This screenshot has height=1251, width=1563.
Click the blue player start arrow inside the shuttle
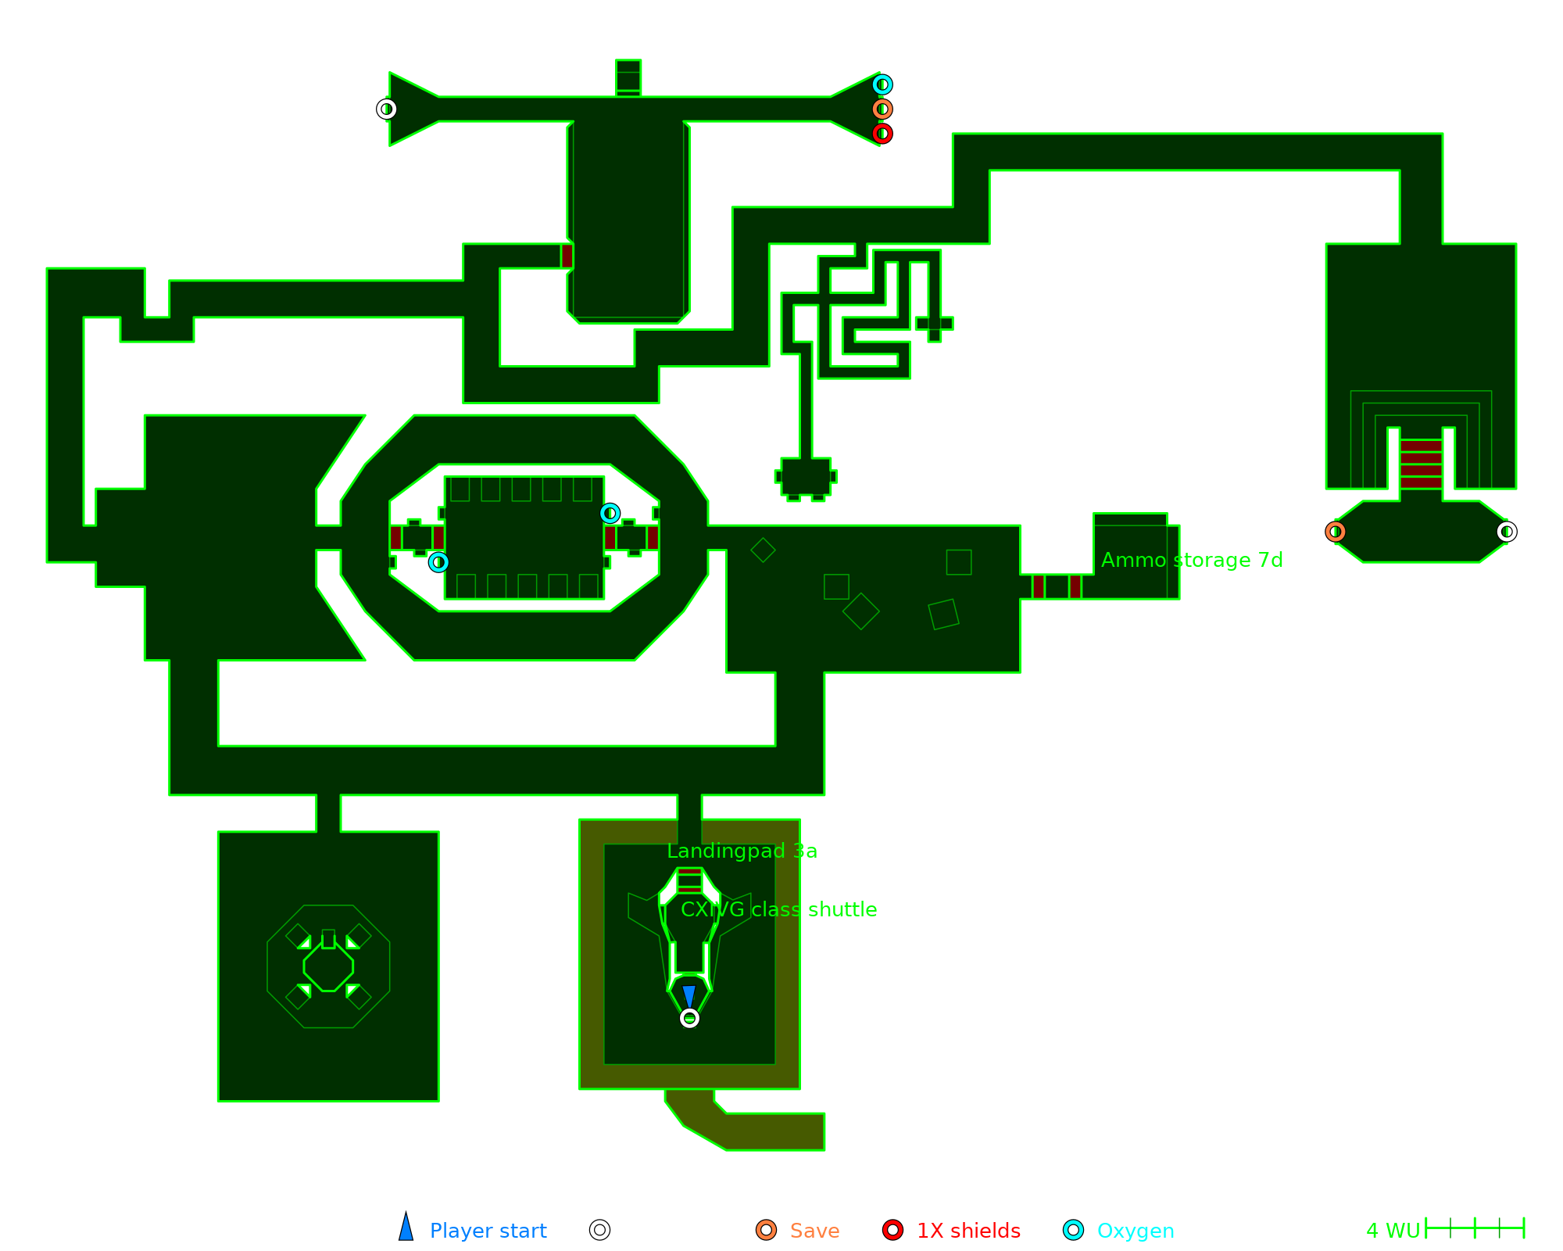coord(689,996)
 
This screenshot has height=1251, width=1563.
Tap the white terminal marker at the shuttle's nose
coord(689,1018)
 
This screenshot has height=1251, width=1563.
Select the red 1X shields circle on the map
coord(882,134)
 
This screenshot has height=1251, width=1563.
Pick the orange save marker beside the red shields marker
coord(882,109)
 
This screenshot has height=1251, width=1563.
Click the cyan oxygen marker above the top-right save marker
coord(882,84)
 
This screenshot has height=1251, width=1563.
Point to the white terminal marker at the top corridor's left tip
coord(386,109)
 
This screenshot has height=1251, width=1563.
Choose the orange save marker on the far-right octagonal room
coord(1336,532)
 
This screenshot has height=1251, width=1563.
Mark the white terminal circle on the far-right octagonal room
coord(1507,532)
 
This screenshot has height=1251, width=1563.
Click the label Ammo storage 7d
coord(1192,560)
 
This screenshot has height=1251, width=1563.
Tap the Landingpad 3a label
coord(742,851)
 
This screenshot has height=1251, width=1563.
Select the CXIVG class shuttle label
coord(778,909)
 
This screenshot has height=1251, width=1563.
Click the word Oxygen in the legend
coord(1135,1231)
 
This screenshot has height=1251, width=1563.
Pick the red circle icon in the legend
coord(892,1230)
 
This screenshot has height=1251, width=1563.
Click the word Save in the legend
coord(814,1231)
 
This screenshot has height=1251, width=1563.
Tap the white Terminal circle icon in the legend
coord(599,1230)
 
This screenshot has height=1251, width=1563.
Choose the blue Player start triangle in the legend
coord(406,1228)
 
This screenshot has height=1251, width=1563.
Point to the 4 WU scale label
coord(1393,1231)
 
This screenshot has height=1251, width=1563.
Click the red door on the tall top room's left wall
coord(567,256)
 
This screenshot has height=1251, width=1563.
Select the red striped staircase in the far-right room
coord(1421,464)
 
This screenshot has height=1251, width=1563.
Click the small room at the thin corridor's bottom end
coord(806,476)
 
